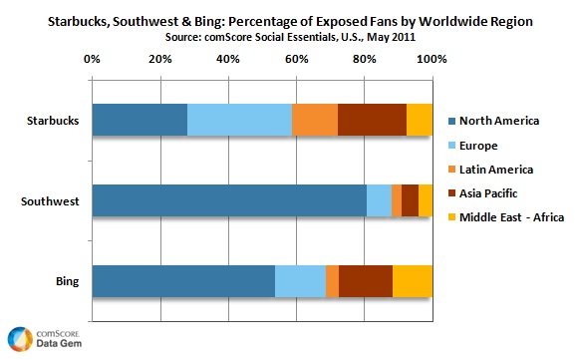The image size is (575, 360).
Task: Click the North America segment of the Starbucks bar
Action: click(x=140, y=120)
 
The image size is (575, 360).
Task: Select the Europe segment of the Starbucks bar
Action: click(x=239, y=120)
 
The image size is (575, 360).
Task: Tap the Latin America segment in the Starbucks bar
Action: click(x=315, y=120)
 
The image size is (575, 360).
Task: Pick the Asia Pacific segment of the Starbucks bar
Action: click(x=372, y=120)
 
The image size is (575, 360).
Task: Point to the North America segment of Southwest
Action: click(x=229, y=200)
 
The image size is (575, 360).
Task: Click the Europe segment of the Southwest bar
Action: click(x=379, y=200)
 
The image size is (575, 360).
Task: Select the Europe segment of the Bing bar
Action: click(x=300, y=281)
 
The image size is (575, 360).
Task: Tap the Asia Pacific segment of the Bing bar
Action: click(x=366, y=281)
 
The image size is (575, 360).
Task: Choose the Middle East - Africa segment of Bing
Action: click(x=413, y=281)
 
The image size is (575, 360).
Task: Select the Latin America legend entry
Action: click(x=503, y=169)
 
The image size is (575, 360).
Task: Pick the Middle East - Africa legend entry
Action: click(x=510, y=216)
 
